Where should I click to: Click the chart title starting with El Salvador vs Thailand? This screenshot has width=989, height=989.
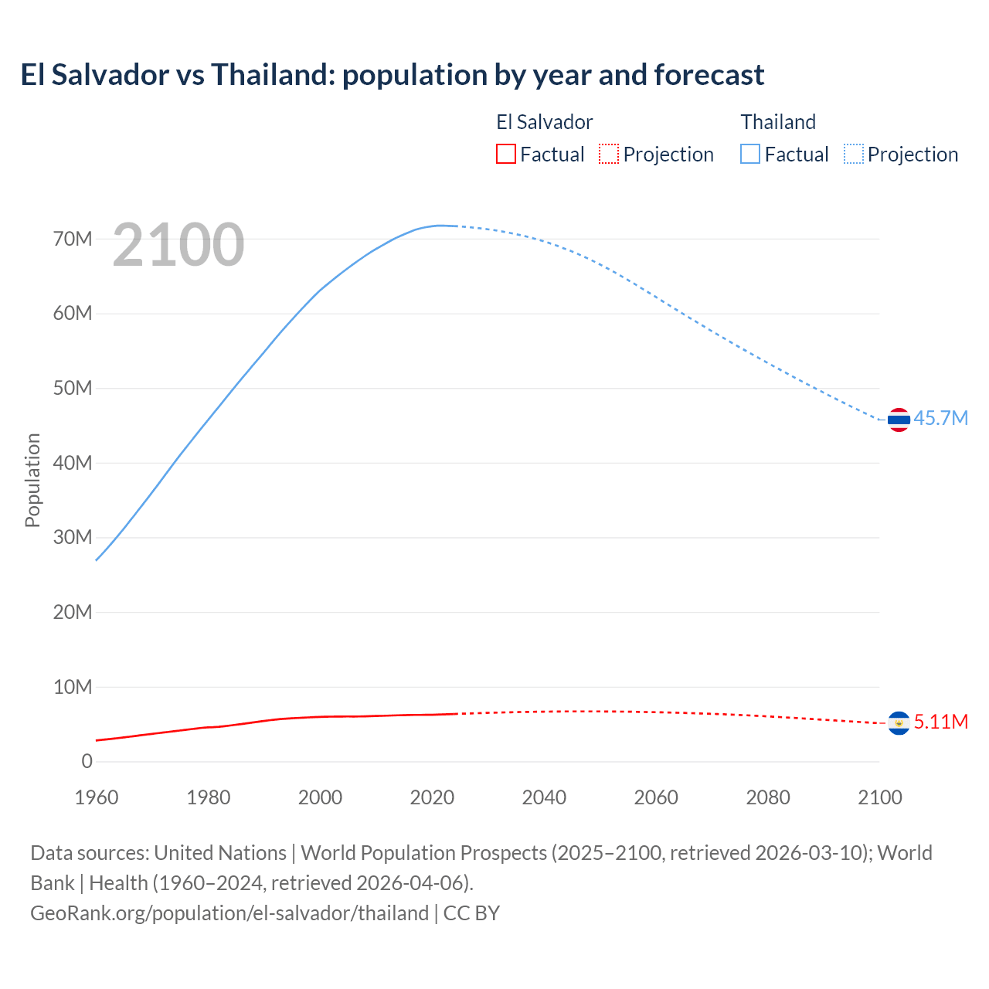point(392,75)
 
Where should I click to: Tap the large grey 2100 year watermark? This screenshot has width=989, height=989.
point(178,245)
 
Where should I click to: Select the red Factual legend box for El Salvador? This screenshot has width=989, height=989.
point(505,154)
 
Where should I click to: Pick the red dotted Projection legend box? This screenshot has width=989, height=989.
point(609,154)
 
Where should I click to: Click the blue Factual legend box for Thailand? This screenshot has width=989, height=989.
point(749,154)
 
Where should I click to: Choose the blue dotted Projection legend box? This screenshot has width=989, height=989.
point(854,154)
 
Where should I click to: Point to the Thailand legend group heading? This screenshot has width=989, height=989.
point(778,122)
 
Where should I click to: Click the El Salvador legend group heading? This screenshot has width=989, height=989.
point(544,122)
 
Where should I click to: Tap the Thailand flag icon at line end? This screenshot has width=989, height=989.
point(899,420)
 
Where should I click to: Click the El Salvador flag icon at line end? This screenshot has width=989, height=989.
point(899,723)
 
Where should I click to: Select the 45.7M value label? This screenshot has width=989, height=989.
point(940,418)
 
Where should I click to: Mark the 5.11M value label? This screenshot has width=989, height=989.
point(940,722)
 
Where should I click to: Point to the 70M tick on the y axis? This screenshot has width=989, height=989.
point(73,239)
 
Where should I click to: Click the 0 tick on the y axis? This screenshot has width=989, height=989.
point(87,761)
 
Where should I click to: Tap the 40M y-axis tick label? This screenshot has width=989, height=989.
point(73,463)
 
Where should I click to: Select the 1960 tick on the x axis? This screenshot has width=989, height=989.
point(97,797)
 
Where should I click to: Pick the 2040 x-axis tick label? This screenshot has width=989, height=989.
point(544,797)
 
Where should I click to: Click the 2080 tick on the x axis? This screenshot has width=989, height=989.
point(768,797)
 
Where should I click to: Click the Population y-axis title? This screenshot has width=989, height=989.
point(32,480)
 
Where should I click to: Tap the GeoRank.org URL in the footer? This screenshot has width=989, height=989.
point(229,913)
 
